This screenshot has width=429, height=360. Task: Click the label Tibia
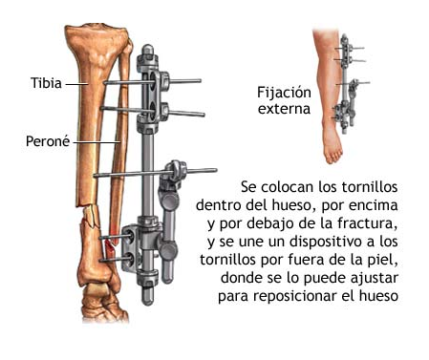coord(45,83)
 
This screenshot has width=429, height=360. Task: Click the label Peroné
coord(46,141)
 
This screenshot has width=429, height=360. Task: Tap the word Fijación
coord(284,93)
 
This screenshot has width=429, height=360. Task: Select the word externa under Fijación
coord(284,109)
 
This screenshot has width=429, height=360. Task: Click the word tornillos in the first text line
coord(365,186)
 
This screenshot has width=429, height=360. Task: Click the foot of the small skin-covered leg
coord(332,148)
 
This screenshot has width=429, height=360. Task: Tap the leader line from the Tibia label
coord(76,83)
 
